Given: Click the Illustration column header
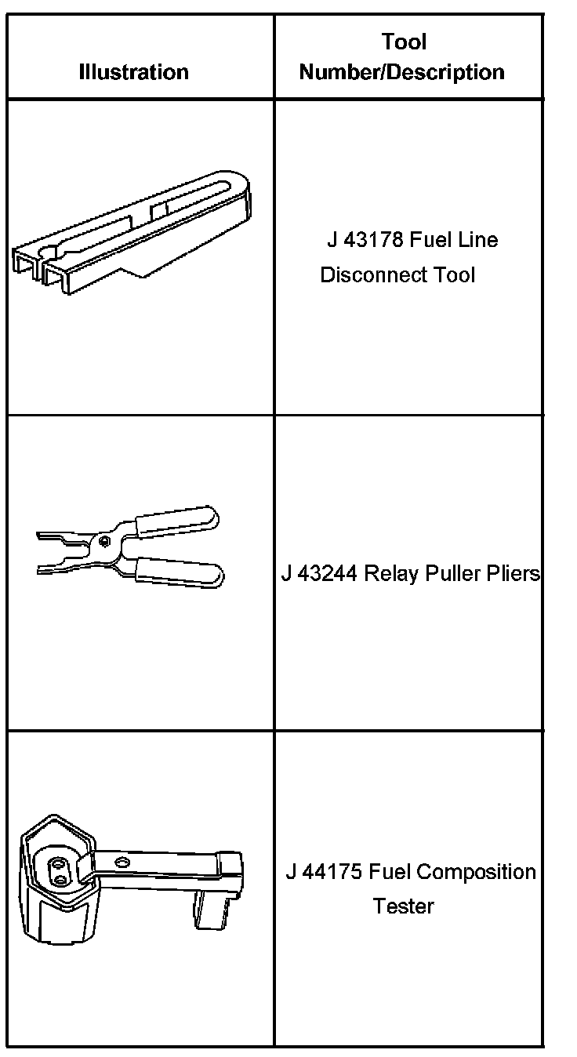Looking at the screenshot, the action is [x=134, y=72].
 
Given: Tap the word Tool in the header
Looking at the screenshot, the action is [x=404, y=42].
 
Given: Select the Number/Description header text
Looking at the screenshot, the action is [x=402, y=72].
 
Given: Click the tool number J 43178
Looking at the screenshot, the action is [x=363, y=239].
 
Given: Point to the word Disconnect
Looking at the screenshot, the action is [x=365, y=275].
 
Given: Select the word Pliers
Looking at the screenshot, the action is [x=512, y=574].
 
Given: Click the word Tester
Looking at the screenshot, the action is [x=403, y=906].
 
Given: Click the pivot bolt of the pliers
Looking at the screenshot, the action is [x=105, y=539].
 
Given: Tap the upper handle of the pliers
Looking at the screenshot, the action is [x=176, y=519].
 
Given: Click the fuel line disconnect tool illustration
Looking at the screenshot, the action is [x=133, y=231].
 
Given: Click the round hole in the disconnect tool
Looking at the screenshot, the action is [x=48, y=252].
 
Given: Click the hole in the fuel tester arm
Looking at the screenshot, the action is [x=122, y=862].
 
